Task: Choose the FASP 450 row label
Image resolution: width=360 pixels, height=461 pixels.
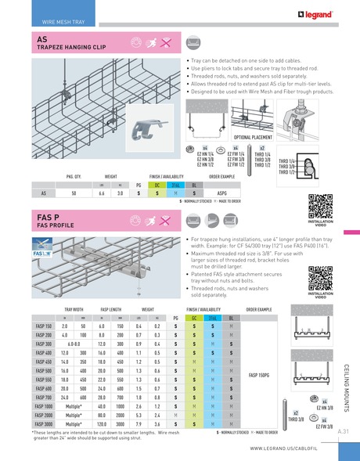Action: click(44, 362)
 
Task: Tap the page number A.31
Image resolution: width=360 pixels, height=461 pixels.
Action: click(344, 431)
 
